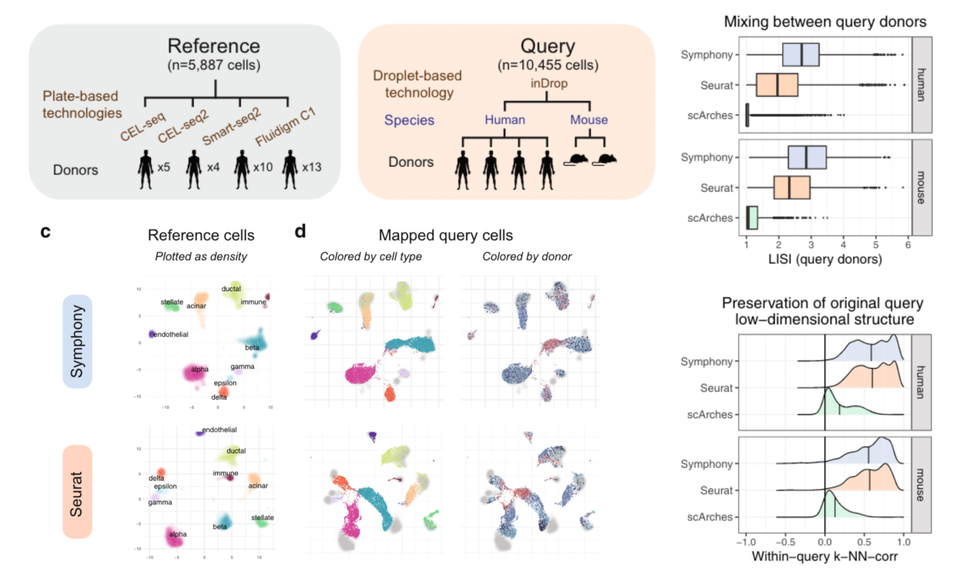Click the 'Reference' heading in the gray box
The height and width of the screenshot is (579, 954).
[x=213, y=46]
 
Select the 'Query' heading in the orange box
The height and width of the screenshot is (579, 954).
[x=547, y=46]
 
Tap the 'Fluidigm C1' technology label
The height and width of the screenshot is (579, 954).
[x=286, y=126]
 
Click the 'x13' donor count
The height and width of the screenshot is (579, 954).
[x=311, y=167]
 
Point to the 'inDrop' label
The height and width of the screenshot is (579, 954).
[x=549, y=83]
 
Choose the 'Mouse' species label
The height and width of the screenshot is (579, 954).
[x=589, y=120]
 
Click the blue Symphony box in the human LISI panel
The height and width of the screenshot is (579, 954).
[x=800, y=55]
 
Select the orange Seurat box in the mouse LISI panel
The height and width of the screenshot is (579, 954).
[x=791, y=187]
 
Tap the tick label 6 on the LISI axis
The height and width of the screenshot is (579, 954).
[x=908, y=245]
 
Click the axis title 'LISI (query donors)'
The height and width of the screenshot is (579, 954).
[x=825, y=259]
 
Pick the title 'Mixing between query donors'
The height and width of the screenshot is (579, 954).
[x=825, y=22]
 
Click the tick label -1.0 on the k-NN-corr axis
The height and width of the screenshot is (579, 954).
[x=746, y=542]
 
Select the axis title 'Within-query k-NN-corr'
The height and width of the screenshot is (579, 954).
[x=825, y=557]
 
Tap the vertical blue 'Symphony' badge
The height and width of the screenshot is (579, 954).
[x=77, y=341]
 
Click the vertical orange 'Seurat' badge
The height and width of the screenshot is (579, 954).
[x=77, y=492]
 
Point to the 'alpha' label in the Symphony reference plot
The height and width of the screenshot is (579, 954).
[x=200, y=369]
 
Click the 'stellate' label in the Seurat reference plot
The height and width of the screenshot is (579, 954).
[x=262, y=517]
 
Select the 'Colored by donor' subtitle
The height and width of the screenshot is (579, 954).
[x=527, y=257]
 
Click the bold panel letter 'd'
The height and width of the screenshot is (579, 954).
[x=300, y=231]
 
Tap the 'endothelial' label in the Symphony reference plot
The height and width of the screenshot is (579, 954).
[x=171, y=334]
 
